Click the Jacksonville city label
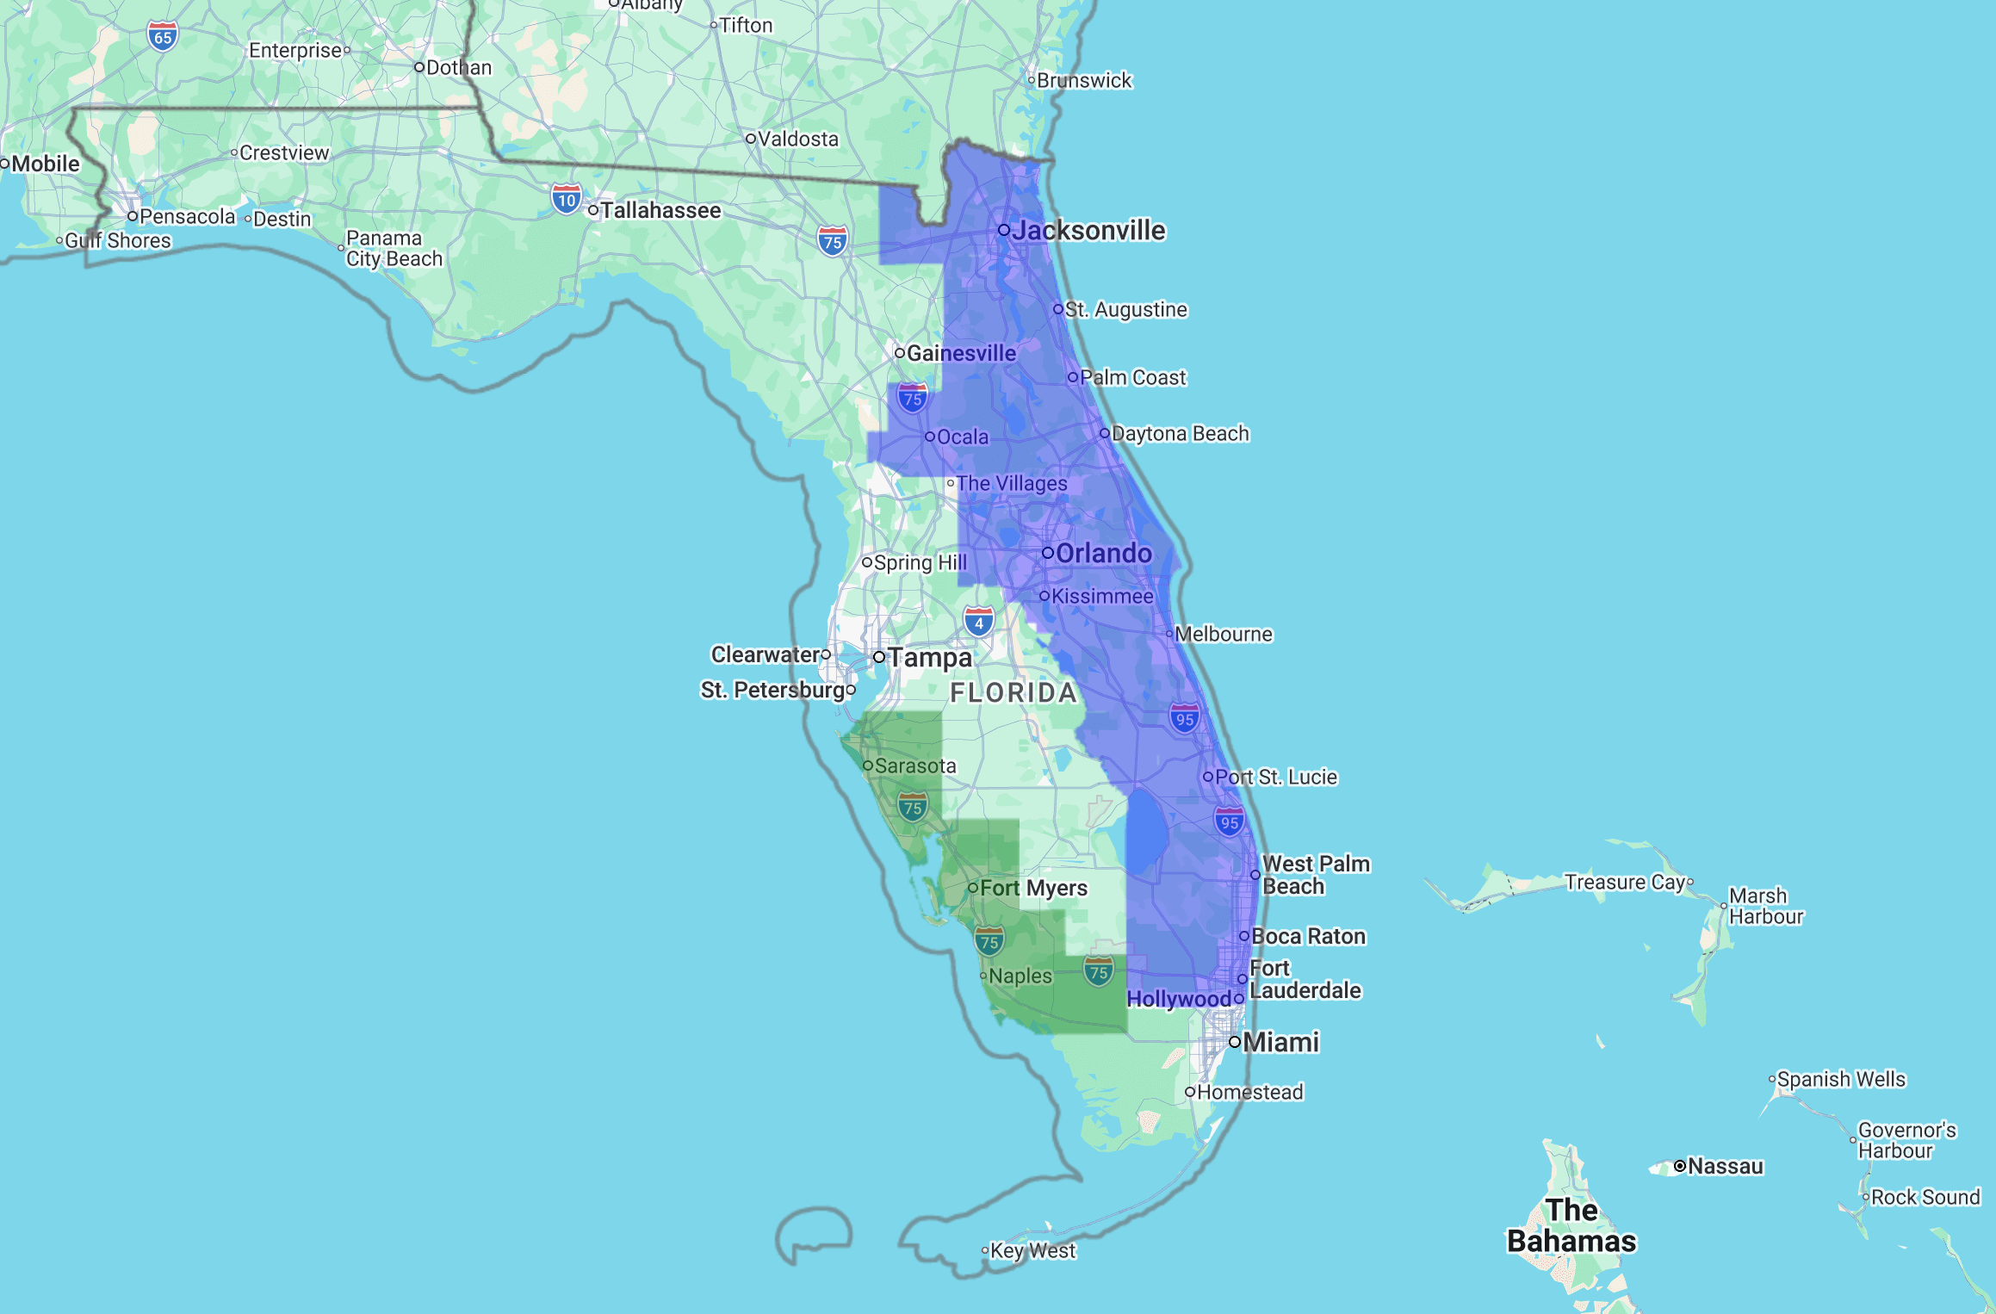pyautogui.click(x=1088, y=231)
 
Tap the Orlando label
pyautogui.click(x=1103, y=554)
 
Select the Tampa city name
pyautogui.click(x=929, y=658)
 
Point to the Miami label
pyautogui.click(x=1280, y=1043)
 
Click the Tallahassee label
pyautogui.click(x=660, y=211)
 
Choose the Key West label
pyautogui.click(x=1032, y=1250)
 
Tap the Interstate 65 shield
pyautogui.click(x=163, y=37)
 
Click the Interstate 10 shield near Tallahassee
pyautogui.click(x=566, y=200)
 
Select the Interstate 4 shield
pyautogui.click(x=978, y=622)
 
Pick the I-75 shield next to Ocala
pyautogui.click(x=912, y=398)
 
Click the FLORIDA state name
pyautogui.click(x=1013, y=693)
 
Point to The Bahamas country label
pyautogui.click(x=1571, y=1226)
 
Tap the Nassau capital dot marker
pyautogui.click(x=1679, y=1167)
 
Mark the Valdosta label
pyautogui.click(x=797, y=139)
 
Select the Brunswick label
pyautogui.click(x=1083, y=81)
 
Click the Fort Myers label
pyautogui.click(x=1033, y=888)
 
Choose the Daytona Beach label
pyautogui.click(x=1180, y=434)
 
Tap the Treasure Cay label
pyautogui.click(x=1624, y=883)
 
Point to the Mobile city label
pyautogui.click(x=45, y=164)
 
